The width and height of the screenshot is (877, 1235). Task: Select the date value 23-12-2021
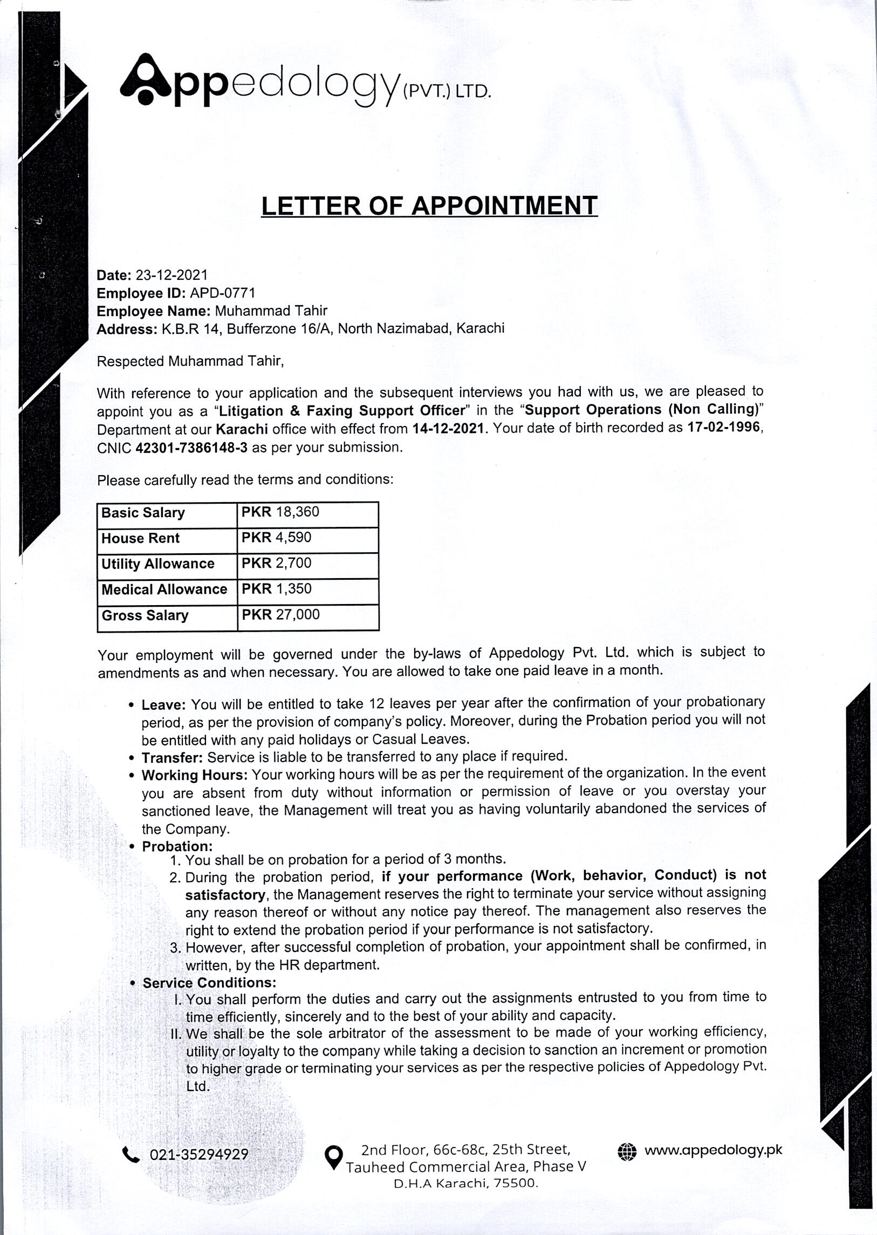coord(171,276)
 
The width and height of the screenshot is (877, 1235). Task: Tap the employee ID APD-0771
coord(222,293)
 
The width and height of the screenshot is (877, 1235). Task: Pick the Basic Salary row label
coord(143,512)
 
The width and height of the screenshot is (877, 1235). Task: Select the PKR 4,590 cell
coord(277,538)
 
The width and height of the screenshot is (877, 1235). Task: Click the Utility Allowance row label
coord(157,564)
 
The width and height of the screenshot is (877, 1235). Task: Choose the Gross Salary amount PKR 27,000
coord(280,614)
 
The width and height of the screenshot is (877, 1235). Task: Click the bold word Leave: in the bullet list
coord(163,705)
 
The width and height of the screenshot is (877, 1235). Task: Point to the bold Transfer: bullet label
coord(172,758)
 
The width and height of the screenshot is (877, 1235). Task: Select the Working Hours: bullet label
coord(194,776)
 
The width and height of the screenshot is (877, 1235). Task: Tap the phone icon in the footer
coord(131,1155)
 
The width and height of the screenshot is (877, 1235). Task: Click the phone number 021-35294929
coord(198,1155)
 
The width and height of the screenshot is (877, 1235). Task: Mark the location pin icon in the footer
coord(334,1156)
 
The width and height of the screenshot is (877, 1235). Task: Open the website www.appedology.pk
coord(713,1150)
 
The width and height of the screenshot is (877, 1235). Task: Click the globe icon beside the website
coord(626,1151)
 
